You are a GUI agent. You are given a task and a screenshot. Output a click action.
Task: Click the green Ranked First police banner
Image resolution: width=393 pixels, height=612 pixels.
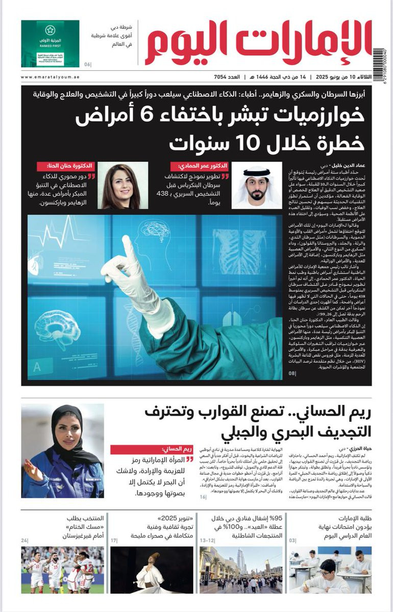pos(50,43)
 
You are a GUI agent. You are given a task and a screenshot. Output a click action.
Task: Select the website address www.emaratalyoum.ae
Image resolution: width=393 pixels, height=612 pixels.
pos(50,77)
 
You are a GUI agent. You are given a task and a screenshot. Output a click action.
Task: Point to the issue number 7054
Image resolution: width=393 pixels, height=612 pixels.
pos(224,77)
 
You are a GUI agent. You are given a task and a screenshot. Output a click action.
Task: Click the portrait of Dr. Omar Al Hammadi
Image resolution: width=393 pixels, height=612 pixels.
pos(257,186)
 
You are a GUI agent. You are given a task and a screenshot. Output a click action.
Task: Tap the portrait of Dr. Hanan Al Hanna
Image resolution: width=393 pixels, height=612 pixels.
pos(122,186)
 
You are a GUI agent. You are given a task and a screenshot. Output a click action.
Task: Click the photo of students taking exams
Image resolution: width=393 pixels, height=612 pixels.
pos(330,570)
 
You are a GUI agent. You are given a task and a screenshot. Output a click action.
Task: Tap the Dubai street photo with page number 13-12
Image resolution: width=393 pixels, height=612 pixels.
pos(240,570)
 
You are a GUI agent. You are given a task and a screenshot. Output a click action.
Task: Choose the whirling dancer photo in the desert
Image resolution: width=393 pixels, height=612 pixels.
pos(152,570)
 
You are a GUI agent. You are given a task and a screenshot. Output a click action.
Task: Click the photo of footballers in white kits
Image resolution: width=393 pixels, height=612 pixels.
pos(62,570)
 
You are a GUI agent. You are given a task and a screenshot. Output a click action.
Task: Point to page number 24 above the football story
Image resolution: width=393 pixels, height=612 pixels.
pos(25,540)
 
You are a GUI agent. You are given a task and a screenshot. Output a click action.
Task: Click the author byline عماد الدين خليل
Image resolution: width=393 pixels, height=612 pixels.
pos(351,165)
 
